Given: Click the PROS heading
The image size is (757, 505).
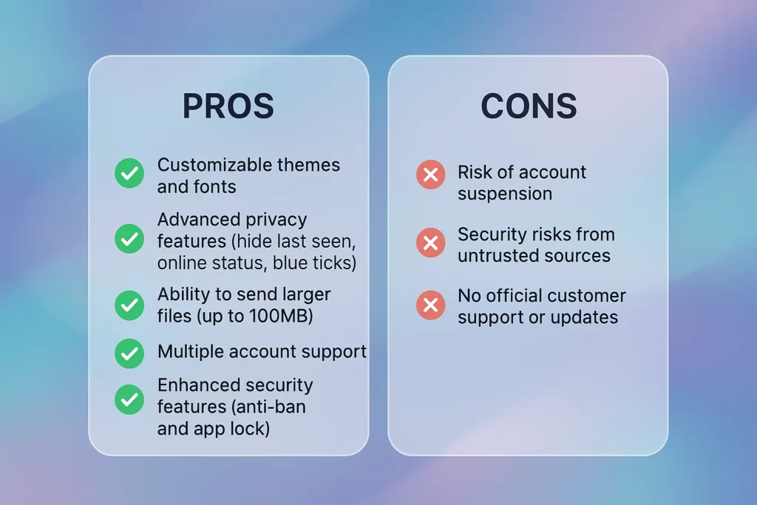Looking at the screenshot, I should (x=228, y=106).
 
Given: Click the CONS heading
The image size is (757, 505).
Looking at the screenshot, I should (x=529, y=106).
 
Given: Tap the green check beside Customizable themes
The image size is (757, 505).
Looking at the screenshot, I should (x=129, y=174).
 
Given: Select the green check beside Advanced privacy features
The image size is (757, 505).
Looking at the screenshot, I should (x=129, y=239).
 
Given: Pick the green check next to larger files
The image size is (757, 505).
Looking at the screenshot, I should (x=129, y=305).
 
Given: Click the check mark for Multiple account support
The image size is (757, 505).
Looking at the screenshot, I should (x=129, y=353).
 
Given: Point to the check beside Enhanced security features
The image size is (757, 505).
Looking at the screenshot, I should (x=129, y=399).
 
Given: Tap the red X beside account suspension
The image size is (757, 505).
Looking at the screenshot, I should (x=430, y=174).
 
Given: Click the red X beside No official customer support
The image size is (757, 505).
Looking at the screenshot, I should (x=430, y=305).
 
